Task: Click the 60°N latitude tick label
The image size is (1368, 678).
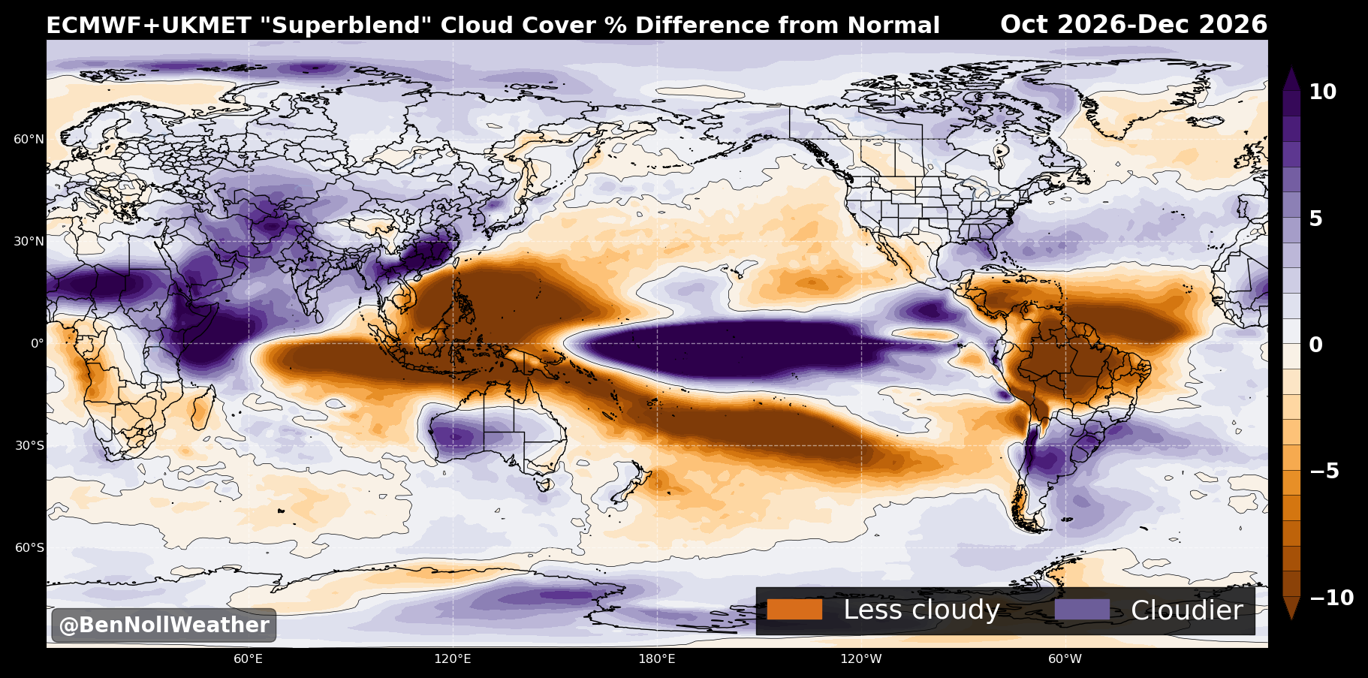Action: pos(29,139)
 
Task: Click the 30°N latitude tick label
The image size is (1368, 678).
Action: pos(29,241)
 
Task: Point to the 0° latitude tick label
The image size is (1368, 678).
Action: pos(37,343)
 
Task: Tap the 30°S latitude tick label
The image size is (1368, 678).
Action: pos(29,445)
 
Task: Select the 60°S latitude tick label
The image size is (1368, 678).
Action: pos(29,547)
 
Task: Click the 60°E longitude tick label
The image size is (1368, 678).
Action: pos(248,659)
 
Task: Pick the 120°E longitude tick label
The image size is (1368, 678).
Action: pos(453,659)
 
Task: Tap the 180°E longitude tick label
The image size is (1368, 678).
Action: pos(657,659)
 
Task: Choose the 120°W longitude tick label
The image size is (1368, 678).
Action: pos(861,659)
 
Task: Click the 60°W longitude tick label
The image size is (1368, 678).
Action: pos(1065,659)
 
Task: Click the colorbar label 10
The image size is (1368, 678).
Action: pos(1323,92)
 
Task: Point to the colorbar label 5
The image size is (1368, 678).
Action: pos(1315,218)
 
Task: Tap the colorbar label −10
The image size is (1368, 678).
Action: pos(1332,598)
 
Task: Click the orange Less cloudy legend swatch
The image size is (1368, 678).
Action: pos(794,610)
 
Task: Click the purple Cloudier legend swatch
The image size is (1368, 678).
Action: pos(1082,610)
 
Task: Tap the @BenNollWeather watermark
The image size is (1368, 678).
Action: pos(164,625)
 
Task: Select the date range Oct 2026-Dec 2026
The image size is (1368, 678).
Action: pos(1134,25)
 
